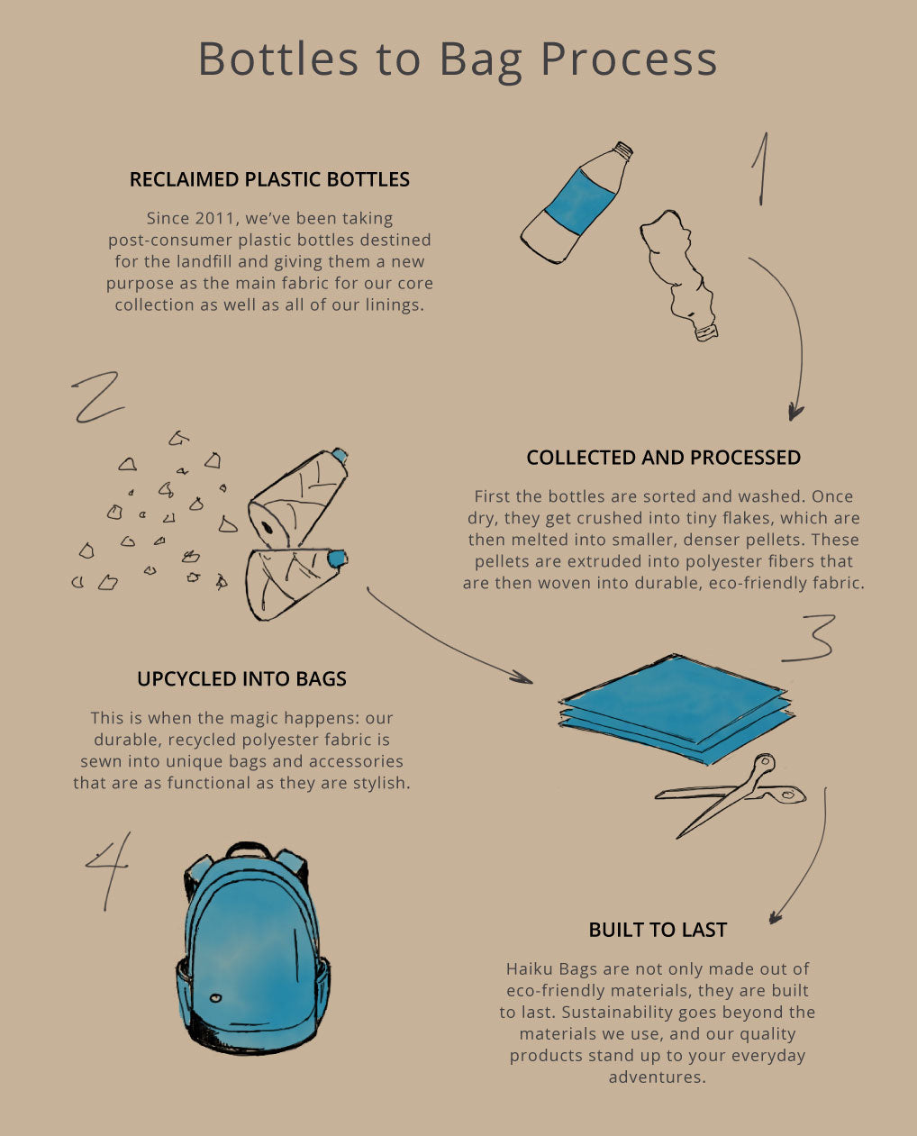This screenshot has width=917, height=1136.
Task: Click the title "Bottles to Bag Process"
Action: coord(458,59)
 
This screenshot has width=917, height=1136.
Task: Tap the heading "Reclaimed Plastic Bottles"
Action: coord(269,179)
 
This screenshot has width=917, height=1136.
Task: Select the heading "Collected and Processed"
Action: coord(663,458)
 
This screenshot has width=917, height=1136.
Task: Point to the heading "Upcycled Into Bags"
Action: coord(241,679)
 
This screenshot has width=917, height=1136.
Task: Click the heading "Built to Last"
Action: coord(658,930)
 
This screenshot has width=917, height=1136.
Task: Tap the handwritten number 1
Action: coord(762,168)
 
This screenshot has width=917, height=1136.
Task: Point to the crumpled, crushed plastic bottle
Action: coord(679,271)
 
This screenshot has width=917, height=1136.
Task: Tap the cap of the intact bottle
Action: coord(622,151)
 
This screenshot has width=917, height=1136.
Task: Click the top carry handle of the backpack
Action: coord(248,849)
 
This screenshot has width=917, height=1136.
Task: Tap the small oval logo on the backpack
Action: coord(214,997)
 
